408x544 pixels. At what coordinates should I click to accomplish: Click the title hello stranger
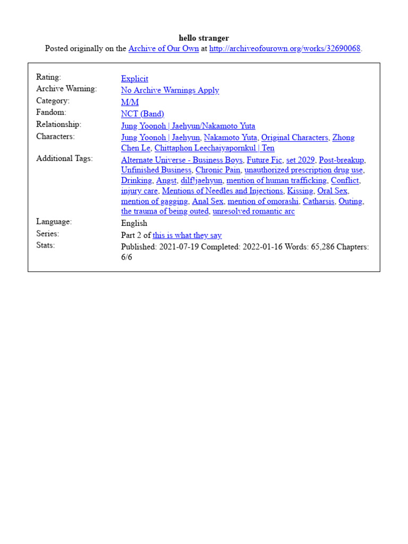[x=204, y=38]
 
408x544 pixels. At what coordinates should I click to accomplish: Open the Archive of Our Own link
[x=164, y=49]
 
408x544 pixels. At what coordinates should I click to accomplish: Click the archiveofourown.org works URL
[x=285, y=49]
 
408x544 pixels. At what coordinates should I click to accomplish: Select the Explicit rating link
[x=134, y=79]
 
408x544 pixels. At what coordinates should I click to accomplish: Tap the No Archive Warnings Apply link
[x=170, y=90]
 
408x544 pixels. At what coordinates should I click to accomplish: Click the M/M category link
[x=130, y=102]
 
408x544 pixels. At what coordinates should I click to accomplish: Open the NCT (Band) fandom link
[x=142, y=114]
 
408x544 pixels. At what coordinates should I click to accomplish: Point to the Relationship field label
[x=58, y=124]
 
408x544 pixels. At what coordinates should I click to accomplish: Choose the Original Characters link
[x=294, y=138]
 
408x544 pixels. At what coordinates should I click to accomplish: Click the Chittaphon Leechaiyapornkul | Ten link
[x=214, y=148]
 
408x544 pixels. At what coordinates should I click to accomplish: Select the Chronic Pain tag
[x=218, y=170]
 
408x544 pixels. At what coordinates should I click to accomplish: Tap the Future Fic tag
[x=264, y=160]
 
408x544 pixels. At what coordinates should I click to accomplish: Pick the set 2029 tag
[x=300, y=160]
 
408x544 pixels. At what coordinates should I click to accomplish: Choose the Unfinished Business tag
[x=156, y=170]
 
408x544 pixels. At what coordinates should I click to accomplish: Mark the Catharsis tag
[x=318, y=201]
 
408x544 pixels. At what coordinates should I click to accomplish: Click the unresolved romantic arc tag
[x=253, y=211]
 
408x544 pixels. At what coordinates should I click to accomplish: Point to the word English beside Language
[x=134, y=223]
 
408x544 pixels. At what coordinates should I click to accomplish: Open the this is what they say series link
[x=187, y=235]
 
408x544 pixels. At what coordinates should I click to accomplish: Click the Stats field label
[x=46, y=245]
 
